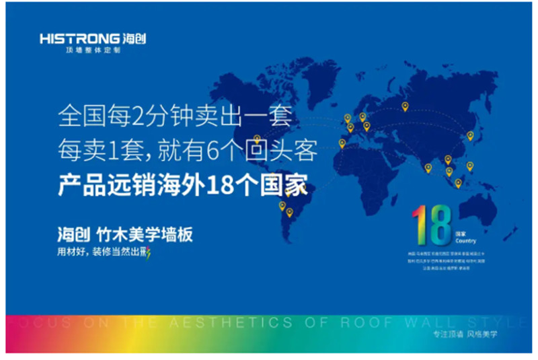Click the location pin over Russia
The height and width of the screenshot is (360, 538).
[x=405, y=106]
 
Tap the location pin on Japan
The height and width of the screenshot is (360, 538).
[x=470, y=135]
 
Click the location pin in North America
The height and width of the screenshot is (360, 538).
[x=257, y=139]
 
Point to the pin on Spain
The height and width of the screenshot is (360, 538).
[x=342, y=142]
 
